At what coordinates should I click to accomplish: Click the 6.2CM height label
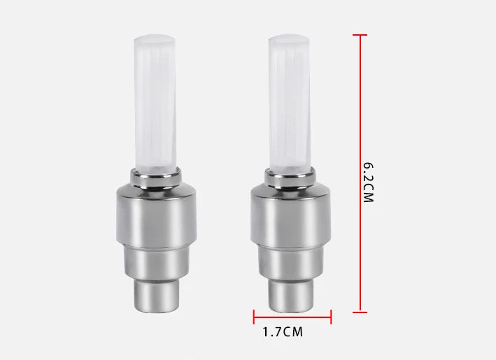(x=369, y=182)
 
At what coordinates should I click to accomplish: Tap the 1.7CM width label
(x=283, y=332)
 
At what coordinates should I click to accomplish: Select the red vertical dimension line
(x=360, y=173)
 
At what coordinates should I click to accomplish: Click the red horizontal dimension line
(x=292, y=317)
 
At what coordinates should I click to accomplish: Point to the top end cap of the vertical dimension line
(x=360, y=35)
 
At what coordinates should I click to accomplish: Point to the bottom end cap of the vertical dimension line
(x=360, y=312)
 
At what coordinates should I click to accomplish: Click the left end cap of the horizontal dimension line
(x=254, y=317)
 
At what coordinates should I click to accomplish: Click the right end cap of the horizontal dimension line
(x=331, y=317)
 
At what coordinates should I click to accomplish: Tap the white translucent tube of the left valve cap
(x=155, y=103)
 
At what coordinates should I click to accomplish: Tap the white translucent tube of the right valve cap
(x=289, y=103)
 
